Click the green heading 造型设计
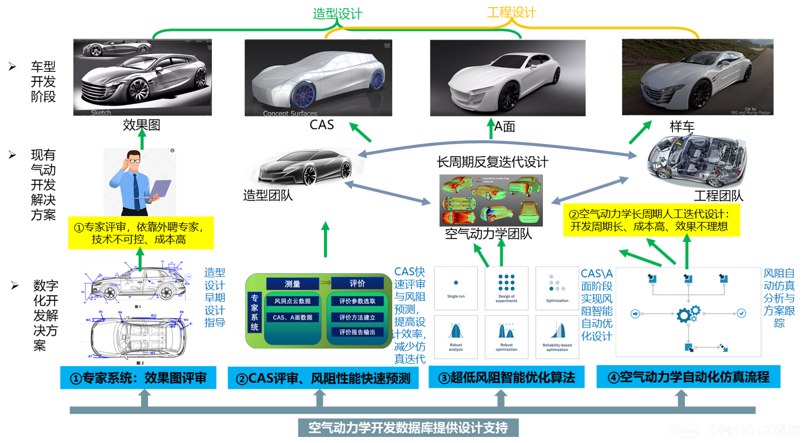point(337,14)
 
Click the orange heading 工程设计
point(511,13)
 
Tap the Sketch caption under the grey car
point(101,113)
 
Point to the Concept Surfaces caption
point(290,114)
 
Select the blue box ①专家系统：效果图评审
point(138,378)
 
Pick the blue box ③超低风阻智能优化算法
point(506,377)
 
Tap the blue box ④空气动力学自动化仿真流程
point(688,377)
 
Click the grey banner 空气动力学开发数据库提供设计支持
point(408,427)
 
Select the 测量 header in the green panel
point(292,284)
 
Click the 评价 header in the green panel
point(357,283)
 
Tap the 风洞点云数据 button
point(292,301)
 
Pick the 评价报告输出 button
point(357,332)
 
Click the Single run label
point(456,296)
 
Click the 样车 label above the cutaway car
point(682,127)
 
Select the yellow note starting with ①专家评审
point(141,233)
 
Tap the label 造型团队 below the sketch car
point(267,194)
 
